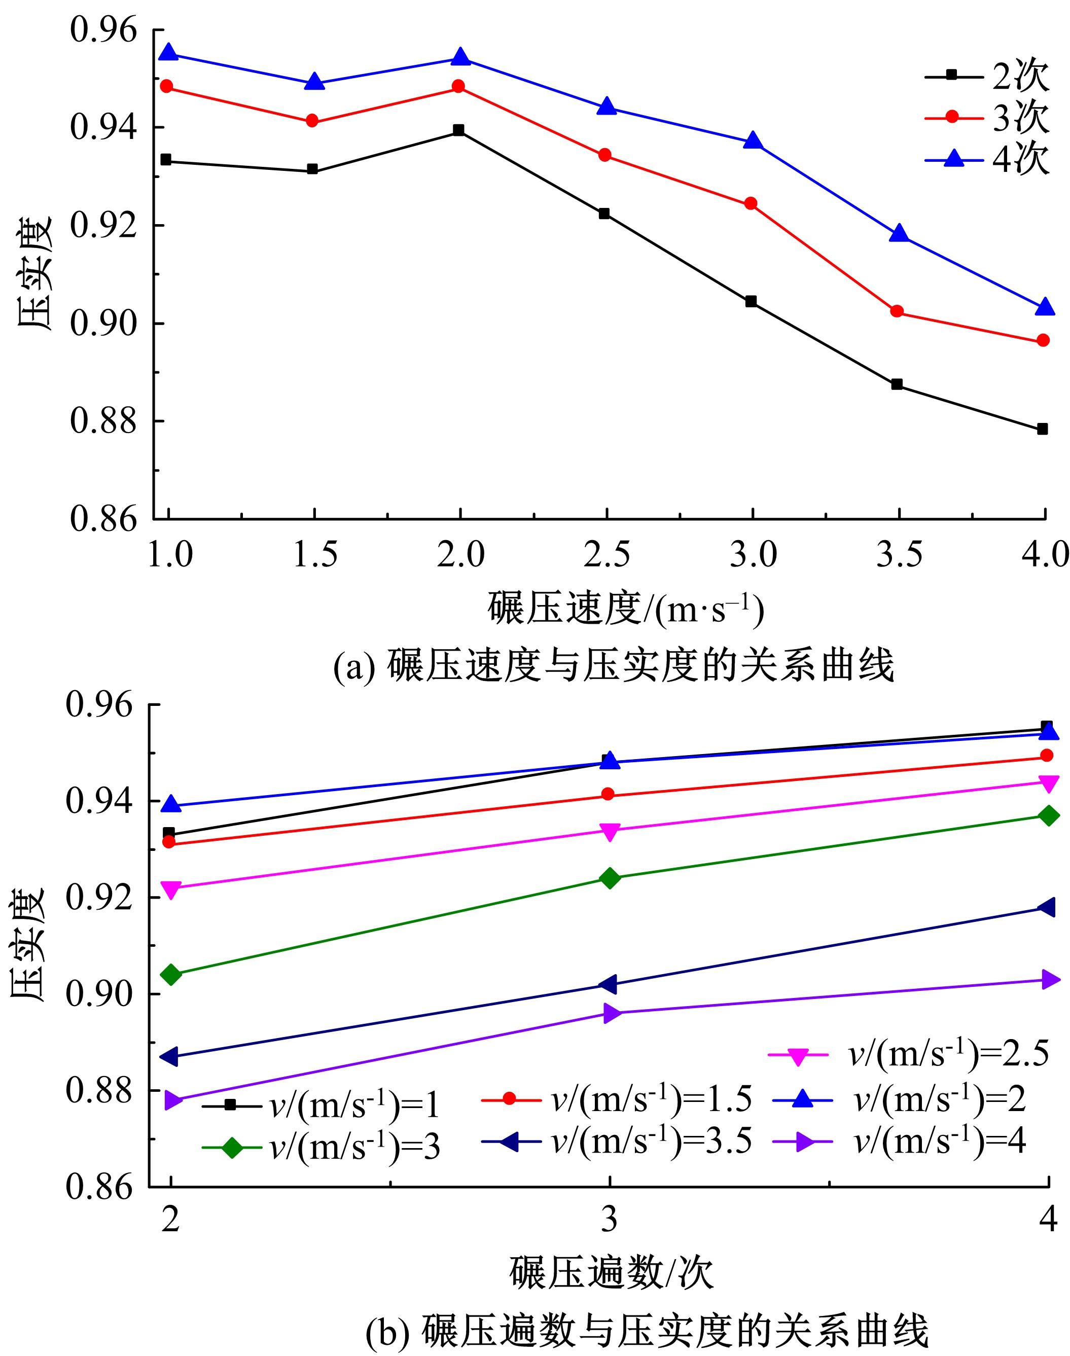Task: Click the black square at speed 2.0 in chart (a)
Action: (458, 130)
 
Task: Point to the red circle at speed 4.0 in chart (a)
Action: (1043, 340)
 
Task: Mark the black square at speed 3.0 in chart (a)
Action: (751, 302)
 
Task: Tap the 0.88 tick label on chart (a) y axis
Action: (103, 421)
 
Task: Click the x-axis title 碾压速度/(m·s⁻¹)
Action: (626, 610)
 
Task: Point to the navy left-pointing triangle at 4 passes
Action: (1047, 907)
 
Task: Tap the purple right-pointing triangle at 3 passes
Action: (611, 1013)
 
